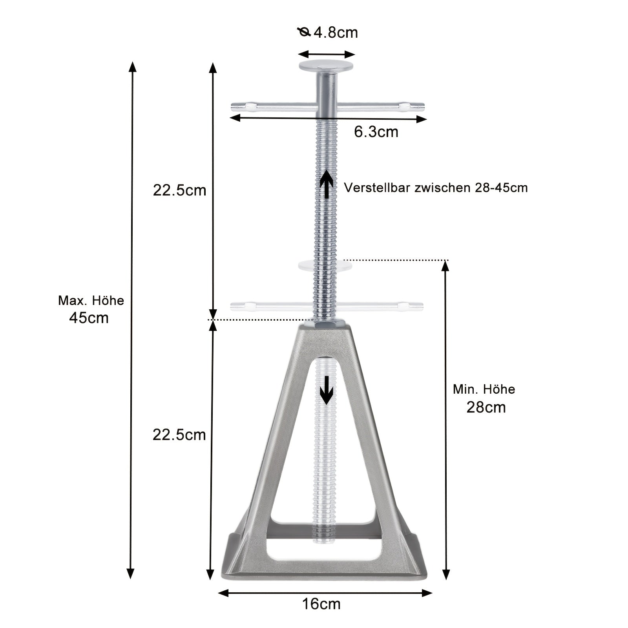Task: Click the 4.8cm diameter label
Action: (x=336, y=32)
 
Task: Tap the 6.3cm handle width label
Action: (x=376, y=132)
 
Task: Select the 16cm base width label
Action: (x=321, y=604)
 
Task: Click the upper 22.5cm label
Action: (x=179, y=190)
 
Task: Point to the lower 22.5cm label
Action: (x=179, y=435)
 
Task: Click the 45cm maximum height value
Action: (x=89, y=318)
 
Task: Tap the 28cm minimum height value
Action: (x=486, y=407)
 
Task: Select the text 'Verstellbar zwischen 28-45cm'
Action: (x=436, y=188)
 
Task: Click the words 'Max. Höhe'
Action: (x=91, y=301)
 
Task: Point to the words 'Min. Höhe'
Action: (x=484, y=389)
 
